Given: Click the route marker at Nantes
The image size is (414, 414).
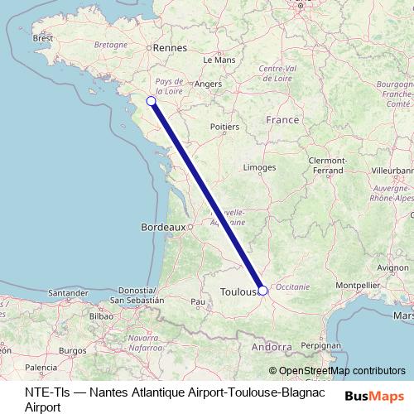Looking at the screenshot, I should pos(151,101).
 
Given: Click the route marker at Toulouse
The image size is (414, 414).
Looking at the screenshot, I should pos(262,291).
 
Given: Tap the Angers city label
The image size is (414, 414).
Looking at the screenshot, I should pos(209,84).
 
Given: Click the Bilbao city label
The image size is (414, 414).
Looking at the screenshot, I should pos(100,315).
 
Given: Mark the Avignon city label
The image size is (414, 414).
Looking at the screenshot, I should pos(392,267).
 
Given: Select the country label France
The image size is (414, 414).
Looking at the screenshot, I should pos(282,120).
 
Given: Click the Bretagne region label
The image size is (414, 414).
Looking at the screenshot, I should pos(110,44).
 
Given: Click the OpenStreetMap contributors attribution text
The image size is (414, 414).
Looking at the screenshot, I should pos(342,371).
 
